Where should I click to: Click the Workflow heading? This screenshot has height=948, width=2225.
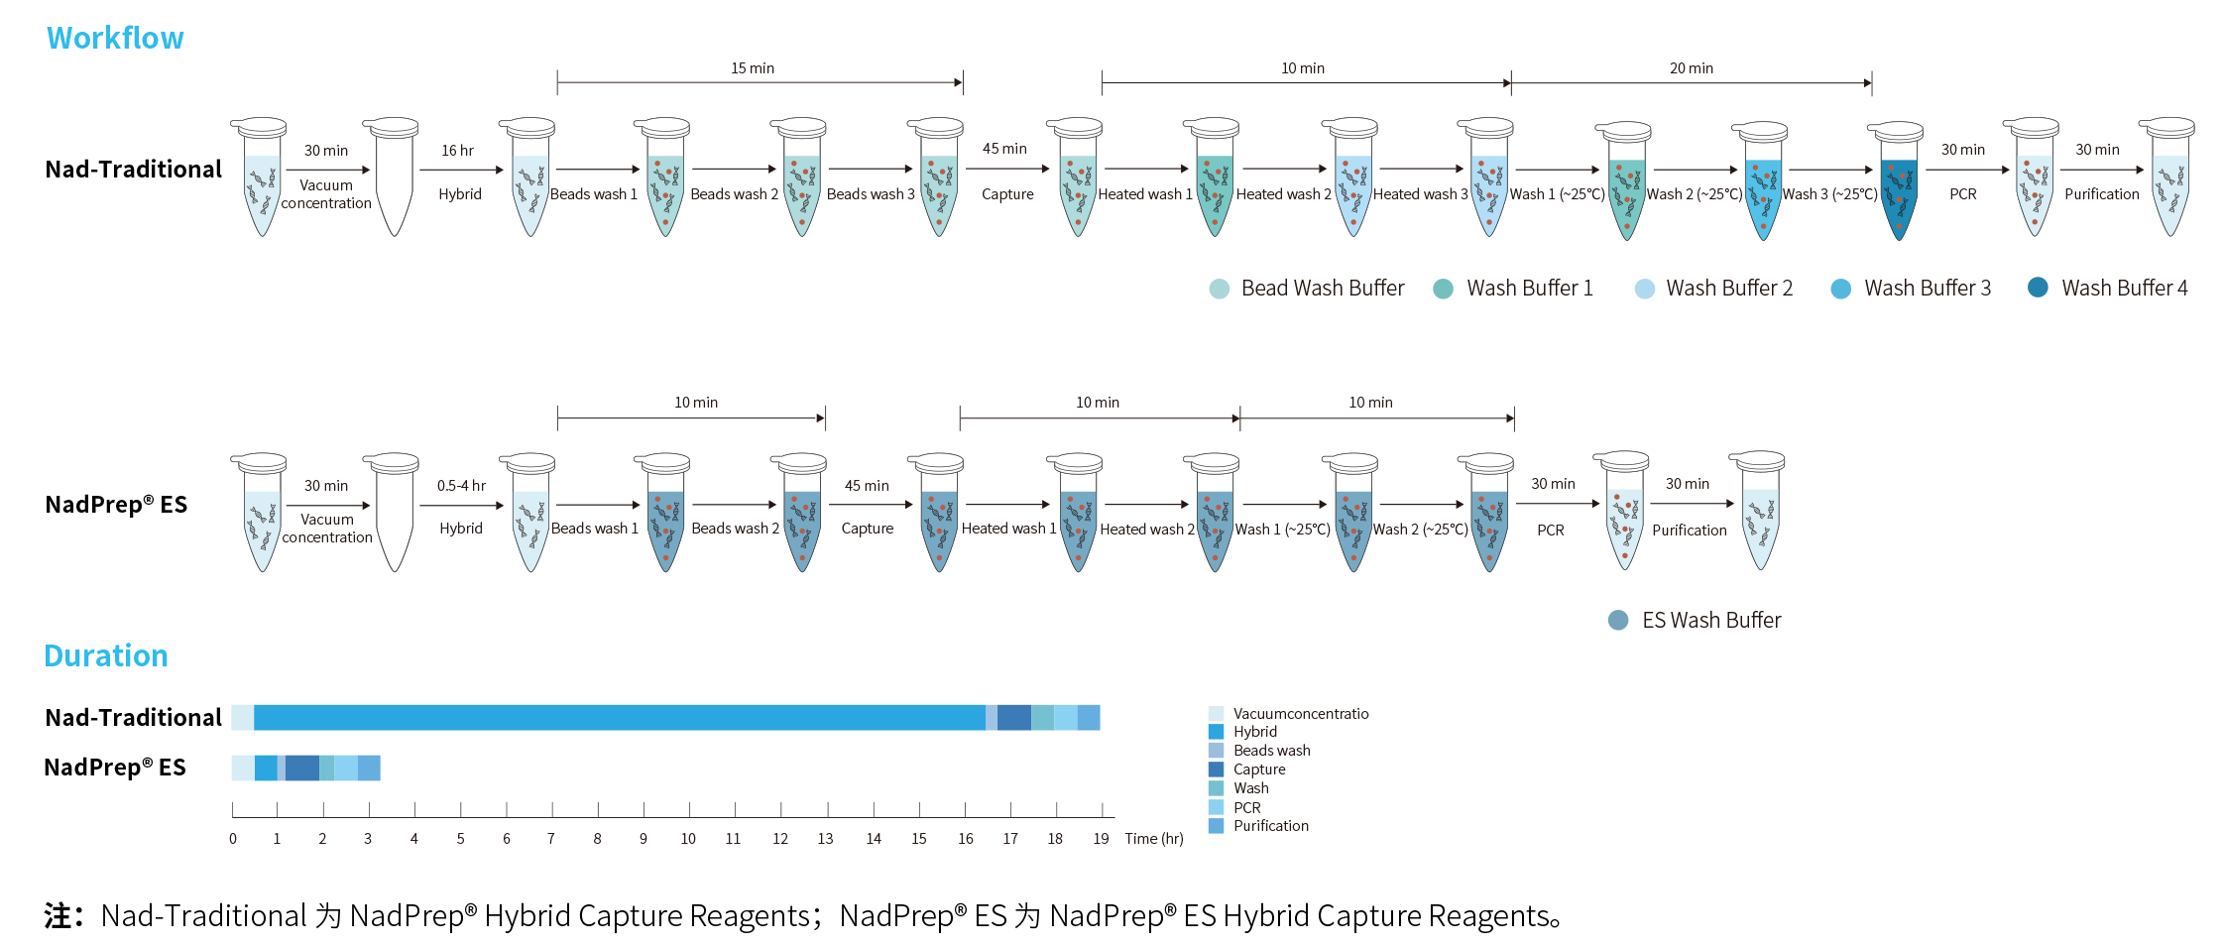[x=115, y=38]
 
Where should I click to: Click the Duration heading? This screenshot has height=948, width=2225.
[x=106, y=655]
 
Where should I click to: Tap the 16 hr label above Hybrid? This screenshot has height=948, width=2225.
[x=457, y=151]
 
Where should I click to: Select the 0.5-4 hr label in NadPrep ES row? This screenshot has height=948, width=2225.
[x=461, y=486]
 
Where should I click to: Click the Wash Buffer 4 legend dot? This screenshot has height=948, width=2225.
[x=2038, y=288]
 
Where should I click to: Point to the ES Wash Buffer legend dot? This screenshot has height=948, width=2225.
[x=1618, y=621]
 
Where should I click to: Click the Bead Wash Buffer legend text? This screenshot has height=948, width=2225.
[x=1323, y=289]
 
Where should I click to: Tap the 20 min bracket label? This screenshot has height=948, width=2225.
[x=1691, y=68]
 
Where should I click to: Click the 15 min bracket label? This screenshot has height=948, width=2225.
[x=753, y=68]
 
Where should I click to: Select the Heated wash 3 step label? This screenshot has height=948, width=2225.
[x=1420, y=194]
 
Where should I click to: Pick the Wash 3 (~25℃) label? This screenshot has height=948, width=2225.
[x=1829, y=194]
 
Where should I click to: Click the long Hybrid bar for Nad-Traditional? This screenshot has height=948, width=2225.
[x=620, y=717]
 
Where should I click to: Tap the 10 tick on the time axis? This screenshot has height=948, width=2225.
[x=688, y=839]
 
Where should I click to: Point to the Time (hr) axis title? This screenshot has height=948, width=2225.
[x=1154, y=839]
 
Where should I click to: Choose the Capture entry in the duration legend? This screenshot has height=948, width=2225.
[x=1259, y=770]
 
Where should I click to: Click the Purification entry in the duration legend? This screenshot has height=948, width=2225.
[x=1271, y=826]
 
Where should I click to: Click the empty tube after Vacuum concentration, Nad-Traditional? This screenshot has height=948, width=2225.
[x=395, y=178]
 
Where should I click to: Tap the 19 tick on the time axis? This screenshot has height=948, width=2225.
[x=1101, y=839]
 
